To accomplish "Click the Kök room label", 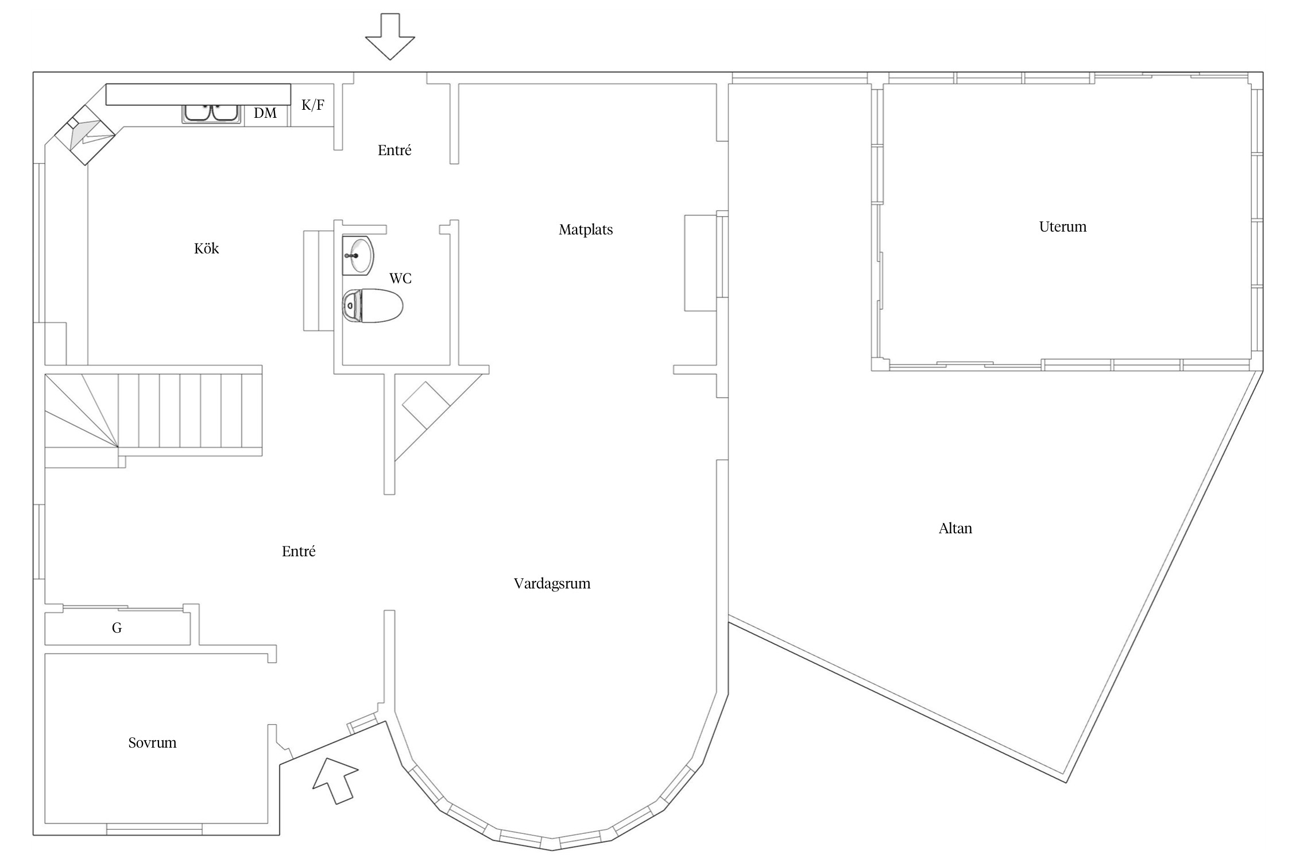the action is pyautogui.click(x=207, y=248).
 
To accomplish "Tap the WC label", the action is pyautogui.click(x=400, y=279).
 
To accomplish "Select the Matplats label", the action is pyautogui.click(x=586, y=230).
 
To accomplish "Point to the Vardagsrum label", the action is pyautogui.click(x=552, y=584).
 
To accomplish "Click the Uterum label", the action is pyautogui.click(x=1063, y=226).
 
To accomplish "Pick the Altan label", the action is pyautogui.click(x=956, y=528).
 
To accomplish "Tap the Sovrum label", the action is pyautogui.click(x=152, y=742).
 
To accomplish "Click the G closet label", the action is pyautogui.click(x=117, y=628).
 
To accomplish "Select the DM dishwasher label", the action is pyautogui.click(x=265, y=113).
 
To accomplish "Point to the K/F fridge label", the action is pyautogui.click(x=313, y=105).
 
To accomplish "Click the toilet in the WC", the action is pyautogui.click(x=373, y=305).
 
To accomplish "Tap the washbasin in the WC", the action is pyautogui.click(x=358, y=255).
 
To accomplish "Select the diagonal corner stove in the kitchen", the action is pyautogui.click(x=86, y=135).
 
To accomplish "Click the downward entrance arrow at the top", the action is pyautogui.click(x=390, y=36).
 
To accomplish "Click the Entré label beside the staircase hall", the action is pyautogui.click(x=299, y=552).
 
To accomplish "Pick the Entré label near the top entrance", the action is pyautogui.click(x=394, y=151).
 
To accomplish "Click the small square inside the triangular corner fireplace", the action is pyautogui.click(x=425, y=405).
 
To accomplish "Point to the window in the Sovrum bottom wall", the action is pyautogui.click(x=154, y=829).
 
